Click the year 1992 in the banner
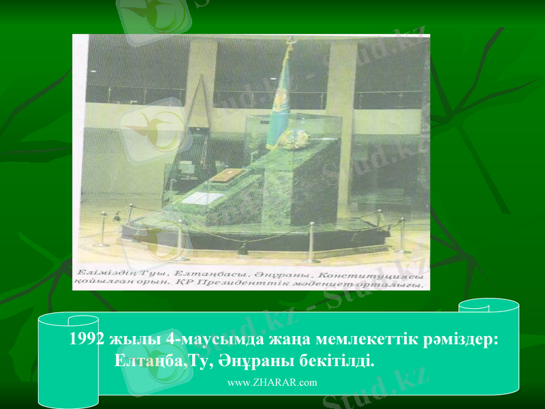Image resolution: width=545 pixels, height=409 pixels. (88, 339)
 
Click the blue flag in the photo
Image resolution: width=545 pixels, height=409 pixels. (281, 102)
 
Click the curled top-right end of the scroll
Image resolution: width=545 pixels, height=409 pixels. (488, 307)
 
